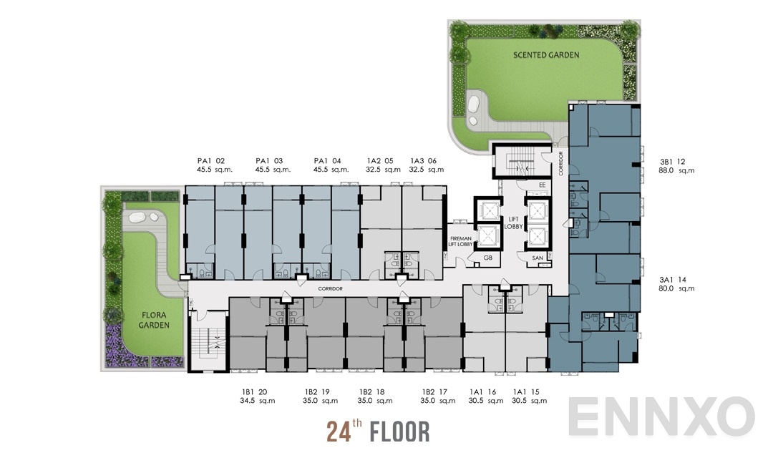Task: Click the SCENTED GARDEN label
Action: [546, 54]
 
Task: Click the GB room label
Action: [487, 257]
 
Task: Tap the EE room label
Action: [542, 184]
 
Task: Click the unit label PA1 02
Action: [211, 161]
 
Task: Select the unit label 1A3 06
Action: [422, 161]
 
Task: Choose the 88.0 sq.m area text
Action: [676, 170]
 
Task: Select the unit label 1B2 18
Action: [371, 391]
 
